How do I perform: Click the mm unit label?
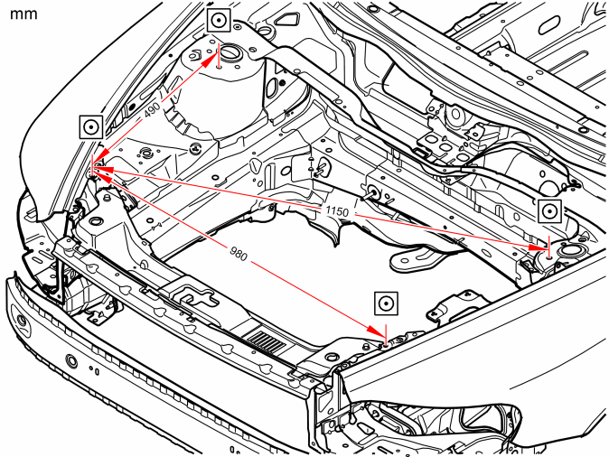click(23, 14)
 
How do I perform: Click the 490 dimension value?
click(152, 111)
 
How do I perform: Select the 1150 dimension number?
click(337, 211)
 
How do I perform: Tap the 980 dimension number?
click(239, 254)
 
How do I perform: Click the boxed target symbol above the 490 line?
click(219, 20)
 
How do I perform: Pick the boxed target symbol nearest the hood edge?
click(91, 126)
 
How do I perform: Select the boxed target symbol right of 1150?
click(550, 211)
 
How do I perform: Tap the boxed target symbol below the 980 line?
click(386, 303)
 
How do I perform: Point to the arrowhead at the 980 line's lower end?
click(375, 331)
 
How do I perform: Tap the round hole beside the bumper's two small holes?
click(71, 360)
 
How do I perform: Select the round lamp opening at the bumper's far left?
click(22, 322)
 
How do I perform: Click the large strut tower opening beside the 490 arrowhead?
click(230, 52)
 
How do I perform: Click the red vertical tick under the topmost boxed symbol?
click(219, 55)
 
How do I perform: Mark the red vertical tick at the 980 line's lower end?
click(386, 334)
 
